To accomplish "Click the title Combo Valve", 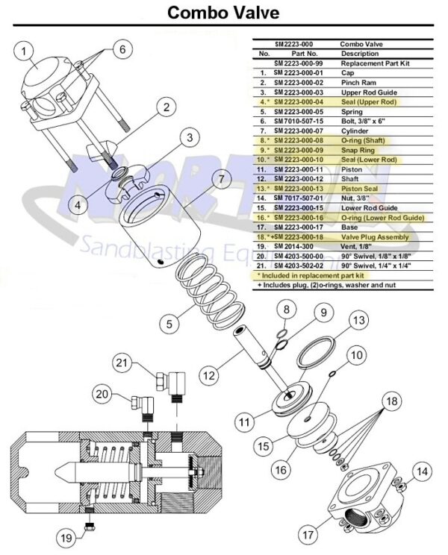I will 223,13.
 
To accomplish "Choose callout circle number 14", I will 423,471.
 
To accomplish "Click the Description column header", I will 361,54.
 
